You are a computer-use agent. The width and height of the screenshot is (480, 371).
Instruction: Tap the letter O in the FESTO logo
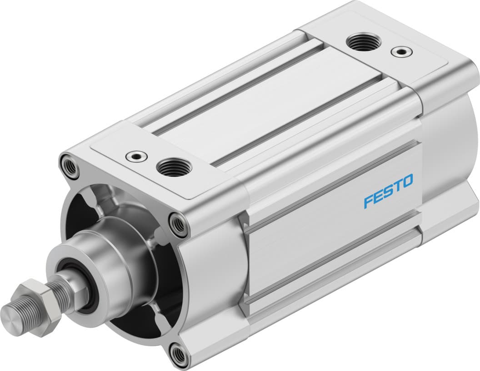407,181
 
